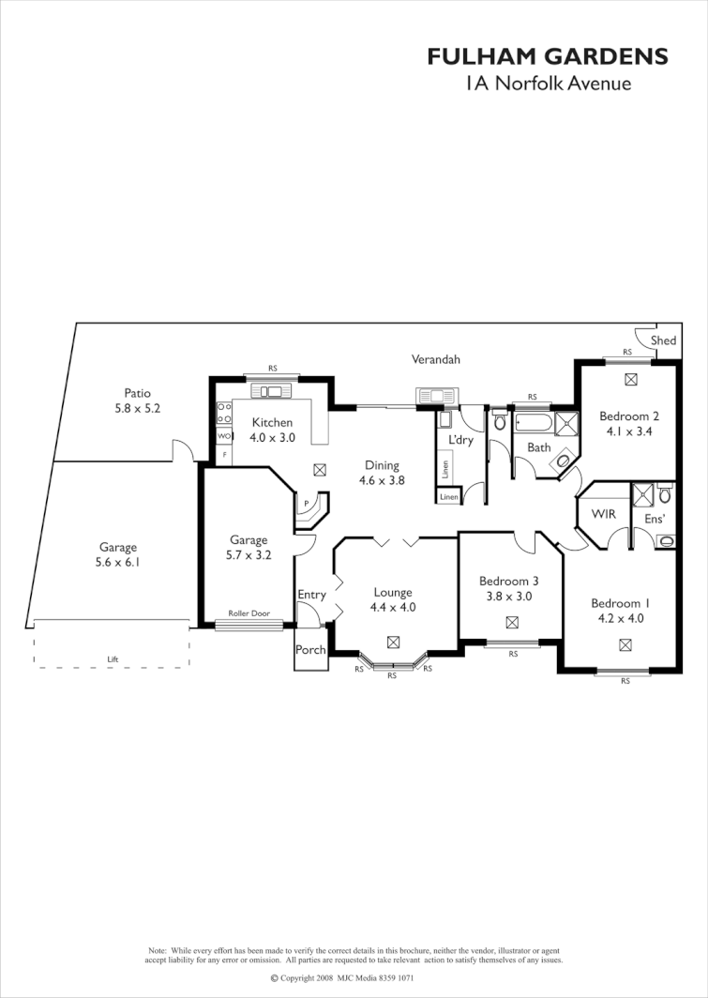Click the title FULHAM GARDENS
548,57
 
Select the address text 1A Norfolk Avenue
548,83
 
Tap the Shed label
663,340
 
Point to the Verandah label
436,359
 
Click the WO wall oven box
223,437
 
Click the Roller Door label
249,613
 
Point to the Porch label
310,650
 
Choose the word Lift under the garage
113,659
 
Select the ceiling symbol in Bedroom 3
512,622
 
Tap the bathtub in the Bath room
533,423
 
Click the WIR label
602,514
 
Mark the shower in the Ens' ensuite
642,493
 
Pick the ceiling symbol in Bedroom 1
625,644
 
